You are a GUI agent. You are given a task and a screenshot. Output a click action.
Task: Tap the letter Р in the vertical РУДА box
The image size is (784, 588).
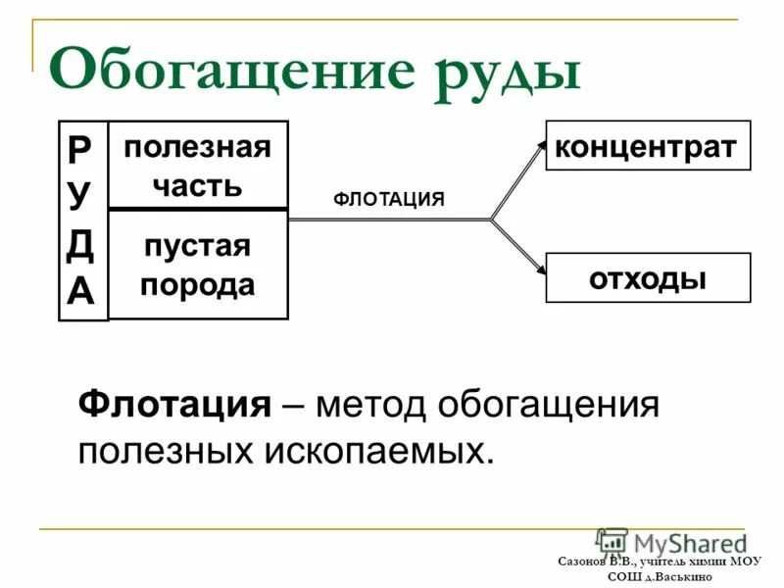[x=81, y=148]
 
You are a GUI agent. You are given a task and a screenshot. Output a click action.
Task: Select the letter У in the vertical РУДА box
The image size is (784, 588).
[x=81, y=193]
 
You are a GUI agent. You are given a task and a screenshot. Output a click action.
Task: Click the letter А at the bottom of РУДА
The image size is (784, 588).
[x=81, y=291]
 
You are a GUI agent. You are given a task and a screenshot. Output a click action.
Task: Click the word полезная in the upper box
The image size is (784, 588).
[x=197, y=148]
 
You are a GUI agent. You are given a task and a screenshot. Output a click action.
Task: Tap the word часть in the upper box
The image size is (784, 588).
[x=197, y=185]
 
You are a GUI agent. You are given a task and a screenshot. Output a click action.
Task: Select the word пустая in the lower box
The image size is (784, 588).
[x=197, y=245]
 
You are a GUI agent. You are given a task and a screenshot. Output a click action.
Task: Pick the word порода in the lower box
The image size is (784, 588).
[x=197, y=285]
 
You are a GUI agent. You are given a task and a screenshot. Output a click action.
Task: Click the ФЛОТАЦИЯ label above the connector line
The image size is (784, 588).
[x=389, y=200]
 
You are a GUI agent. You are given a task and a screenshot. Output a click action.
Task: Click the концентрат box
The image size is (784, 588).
[x=647, y=146]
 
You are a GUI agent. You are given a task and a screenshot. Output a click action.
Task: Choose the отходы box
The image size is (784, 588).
[x=647, y=277]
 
